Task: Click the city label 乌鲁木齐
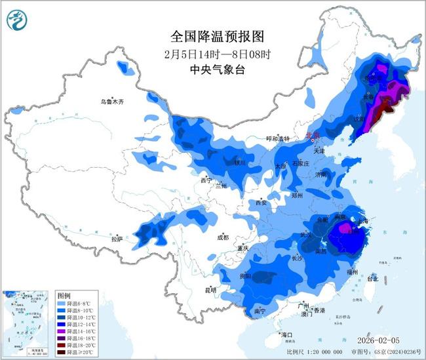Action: click(x=111, y=102)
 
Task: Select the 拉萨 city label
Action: click(x=117, y=239)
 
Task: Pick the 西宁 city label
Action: click(x=206, y=180)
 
